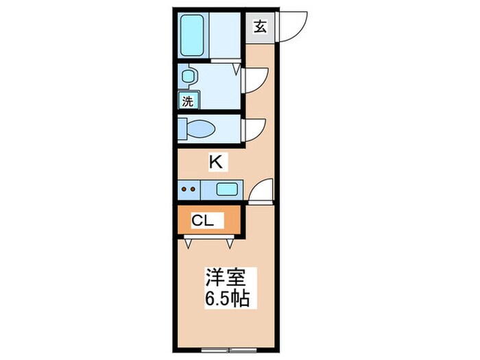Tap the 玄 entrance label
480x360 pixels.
click(x=261, y=27)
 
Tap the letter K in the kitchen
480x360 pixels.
click(x=215, y=163)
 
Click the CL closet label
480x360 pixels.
click(x=203, y=221)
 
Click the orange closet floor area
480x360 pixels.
click(x=226, y=221)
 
